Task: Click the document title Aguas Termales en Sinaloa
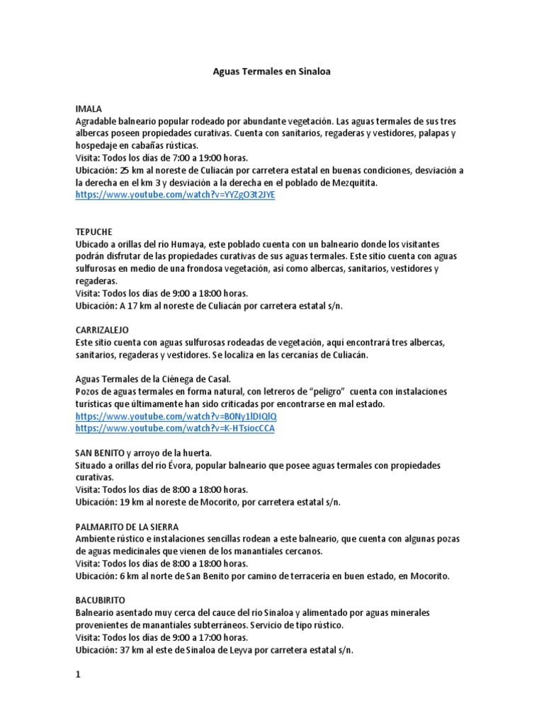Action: click(273, 72)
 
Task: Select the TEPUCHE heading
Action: click(93, 232)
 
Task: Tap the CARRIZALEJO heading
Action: click(102, 330)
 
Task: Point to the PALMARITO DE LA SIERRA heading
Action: click(127, 527)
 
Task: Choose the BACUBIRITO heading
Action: click(100, 600)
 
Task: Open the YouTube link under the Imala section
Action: click(174, 195)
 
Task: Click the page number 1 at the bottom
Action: click(79, 675)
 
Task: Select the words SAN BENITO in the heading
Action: click(100, 453)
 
